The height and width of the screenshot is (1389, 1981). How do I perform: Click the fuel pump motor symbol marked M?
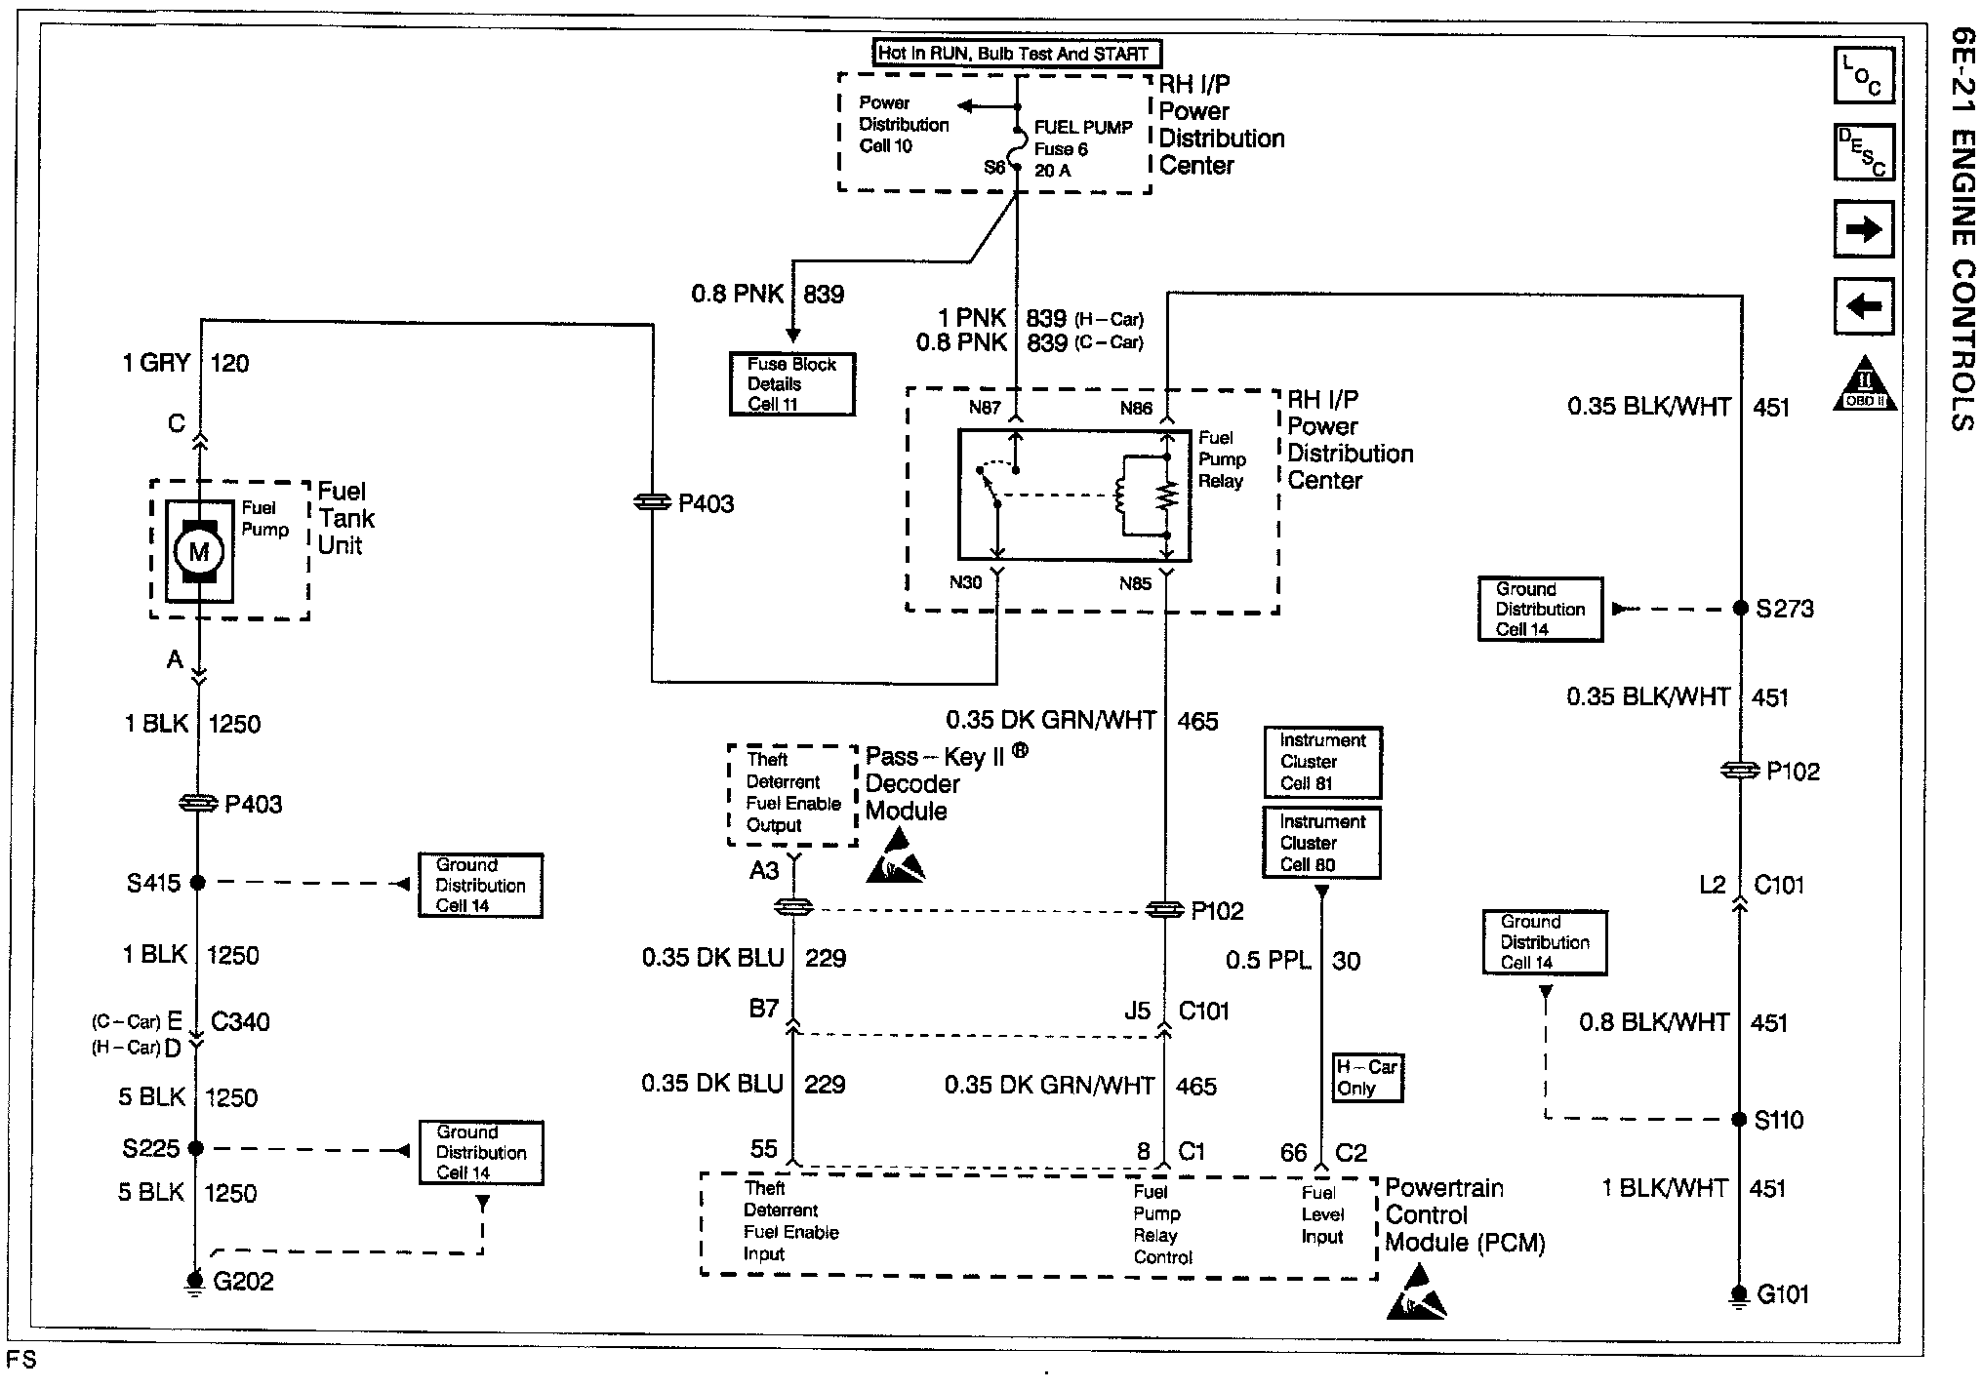(x=199, y=551)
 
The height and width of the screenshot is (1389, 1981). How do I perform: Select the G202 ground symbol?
(x=195, y=1282)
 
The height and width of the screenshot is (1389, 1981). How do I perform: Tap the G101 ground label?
(x=1783, y=1294)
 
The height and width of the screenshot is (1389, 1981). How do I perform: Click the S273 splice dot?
(x=1740, y=609)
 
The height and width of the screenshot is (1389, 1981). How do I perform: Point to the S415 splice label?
(x=153, y=884)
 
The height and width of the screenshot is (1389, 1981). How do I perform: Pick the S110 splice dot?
(x=1739, y=1119)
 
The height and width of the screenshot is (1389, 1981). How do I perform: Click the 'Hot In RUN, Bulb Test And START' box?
(x=1015, y=54)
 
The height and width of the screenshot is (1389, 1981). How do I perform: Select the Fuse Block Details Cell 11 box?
(x=791, y=384)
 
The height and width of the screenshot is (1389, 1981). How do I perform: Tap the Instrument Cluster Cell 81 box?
(x=1322, y=762)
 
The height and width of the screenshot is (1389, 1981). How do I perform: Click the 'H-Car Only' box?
(x=1367, y=1078)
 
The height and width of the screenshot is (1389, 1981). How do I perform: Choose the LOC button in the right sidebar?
(x=1863, y=75)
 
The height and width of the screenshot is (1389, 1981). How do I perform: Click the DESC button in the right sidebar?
(x=1863, y=152)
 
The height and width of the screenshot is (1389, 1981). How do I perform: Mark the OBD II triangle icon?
(x=1865, y=386)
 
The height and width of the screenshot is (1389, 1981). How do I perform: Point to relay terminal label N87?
(x=985, y=408)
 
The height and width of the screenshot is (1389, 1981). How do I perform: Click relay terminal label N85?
(x=1135, y=584)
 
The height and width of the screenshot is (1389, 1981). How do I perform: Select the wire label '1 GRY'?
(x=156, y=364)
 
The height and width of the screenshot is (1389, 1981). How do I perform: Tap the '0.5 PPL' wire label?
(x=1268, y=962)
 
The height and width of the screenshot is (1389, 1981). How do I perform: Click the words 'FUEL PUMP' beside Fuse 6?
(x=1083, y=128)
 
